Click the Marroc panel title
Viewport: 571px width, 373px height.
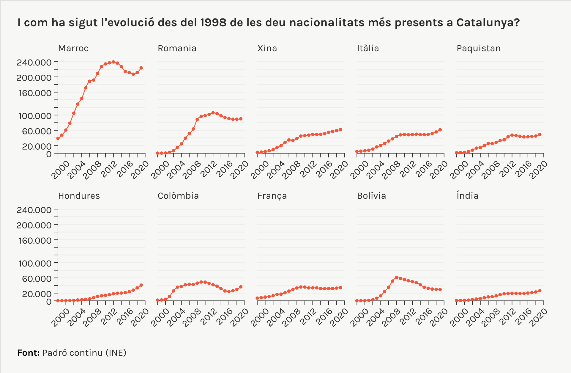[73, 48]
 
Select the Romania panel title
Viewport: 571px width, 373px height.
[177, 48]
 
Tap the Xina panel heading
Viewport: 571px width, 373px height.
[267, 48]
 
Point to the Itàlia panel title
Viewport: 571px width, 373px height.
[368, 48]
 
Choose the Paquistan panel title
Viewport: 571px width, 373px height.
[478, 48]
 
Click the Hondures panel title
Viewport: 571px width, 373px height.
[79, 196]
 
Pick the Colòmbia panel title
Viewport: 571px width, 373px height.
[178, 196]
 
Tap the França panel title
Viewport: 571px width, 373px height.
[272, 196]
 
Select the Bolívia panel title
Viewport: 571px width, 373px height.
[371, 196]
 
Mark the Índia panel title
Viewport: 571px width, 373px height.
[467, 196]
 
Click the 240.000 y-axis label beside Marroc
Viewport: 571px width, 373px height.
[34, 62]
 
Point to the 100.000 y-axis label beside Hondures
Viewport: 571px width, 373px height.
[35, 263]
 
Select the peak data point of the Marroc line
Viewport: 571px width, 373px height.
[113, 62]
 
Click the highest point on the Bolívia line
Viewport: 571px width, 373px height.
[396, 278]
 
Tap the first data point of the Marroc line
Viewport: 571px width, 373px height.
[58, 138]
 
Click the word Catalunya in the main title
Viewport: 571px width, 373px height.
[488, 23]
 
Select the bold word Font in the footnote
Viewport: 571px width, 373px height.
[28, 353]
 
